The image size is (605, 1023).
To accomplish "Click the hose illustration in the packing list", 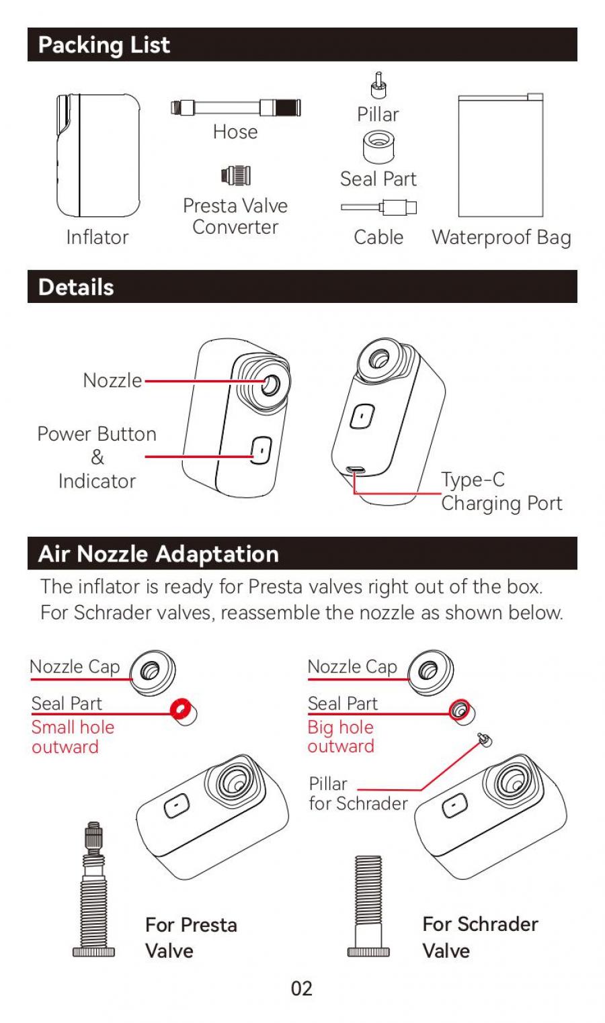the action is pyautogui.click(x=236, y=107).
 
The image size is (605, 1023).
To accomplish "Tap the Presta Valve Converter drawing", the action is pyautogui.click(x=236, y=175).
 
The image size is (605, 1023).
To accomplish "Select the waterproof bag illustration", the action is pyautogui.click(x=501, y=155).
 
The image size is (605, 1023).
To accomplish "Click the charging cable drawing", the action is pyautogui.click(x=379, y=208).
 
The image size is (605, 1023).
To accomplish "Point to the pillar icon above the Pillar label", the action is pyautogui.click(x=378, y=85).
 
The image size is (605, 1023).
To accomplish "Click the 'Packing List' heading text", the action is pyautogui.click(x=104, y=45).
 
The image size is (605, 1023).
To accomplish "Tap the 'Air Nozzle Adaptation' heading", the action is pyautogui.click(x=159, y=554).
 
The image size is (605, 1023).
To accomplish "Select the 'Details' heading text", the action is pyautogui.click(x=77, y=287).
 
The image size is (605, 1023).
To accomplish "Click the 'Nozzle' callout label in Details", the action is pyautogui.click(x=112, y=380).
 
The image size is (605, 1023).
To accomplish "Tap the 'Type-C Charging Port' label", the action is pyautogui.click(x=501, y=492).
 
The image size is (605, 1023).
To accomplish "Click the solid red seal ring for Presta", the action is pyautogui.click(x=181, y=709).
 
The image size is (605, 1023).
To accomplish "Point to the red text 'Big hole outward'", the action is pyautogui.click(x=341, y=737).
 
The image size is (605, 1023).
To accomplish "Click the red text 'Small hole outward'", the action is pyautogui.click(x=73, y=737).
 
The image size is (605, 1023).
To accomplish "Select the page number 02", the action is pyautogui.click(x=302, y=989).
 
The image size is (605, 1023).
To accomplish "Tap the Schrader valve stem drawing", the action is pyautogui.click(x=368, y=906).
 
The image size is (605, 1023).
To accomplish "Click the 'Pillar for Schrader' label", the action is pyautogui.click(x=358, y=794).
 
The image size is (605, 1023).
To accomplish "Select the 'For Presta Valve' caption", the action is pyautogui.click(x=192, y=938).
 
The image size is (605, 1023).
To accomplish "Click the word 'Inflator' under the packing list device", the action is pyautogui.click(x=97, y=238).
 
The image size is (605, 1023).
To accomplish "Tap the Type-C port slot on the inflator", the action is pyautogui.click(x=355, y=470).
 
